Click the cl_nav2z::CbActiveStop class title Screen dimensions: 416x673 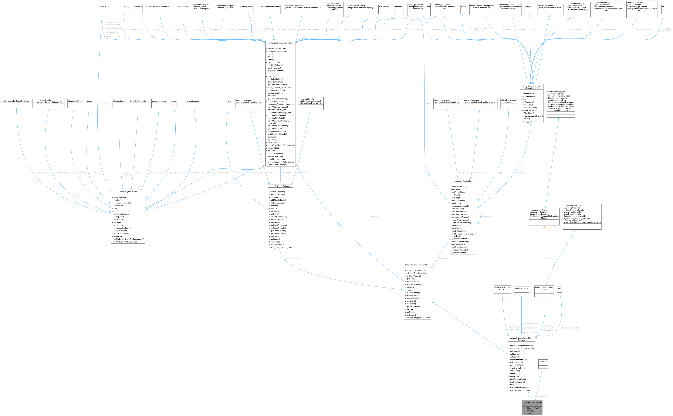tap(532, 402)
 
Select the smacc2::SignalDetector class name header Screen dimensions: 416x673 tap(128, 191)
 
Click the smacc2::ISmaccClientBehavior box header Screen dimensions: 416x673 tap(417, 265)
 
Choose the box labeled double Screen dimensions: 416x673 tap(89, 101)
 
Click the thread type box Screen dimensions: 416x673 tap(173, 101)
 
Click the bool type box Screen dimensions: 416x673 tap(559, 288)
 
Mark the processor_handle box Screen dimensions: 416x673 tap(159, 101)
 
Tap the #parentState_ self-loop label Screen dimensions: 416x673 tap(486, 217)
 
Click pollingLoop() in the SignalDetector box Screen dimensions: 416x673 tap(119, 217)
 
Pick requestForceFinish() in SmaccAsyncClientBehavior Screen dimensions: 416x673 tap(518, 360)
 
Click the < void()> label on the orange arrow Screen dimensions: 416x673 tap(548, 259)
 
